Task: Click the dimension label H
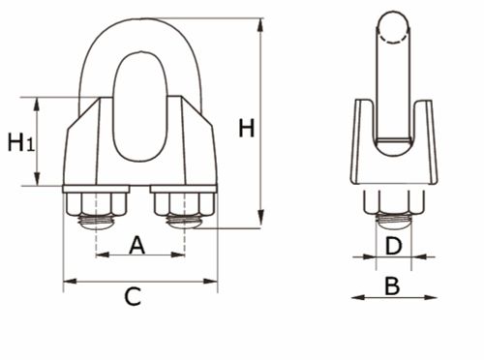tap(247, 128)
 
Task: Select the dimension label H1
tap(20, 143)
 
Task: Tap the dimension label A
tap(136, 245)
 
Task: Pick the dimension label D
tap(392, 246)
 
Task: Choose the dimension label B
tap(392, 285)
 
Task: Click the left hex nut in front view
tap(96, 205)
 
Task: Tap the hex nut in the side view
tap(392, 202)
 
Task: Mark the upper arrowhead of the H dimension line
tap(260, 23)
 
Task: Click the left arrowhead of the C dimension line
tap(69, 283)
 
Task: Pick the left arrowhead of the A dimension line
tap(102, 255)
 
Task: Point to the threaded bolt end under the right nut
tap(184, 223)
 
